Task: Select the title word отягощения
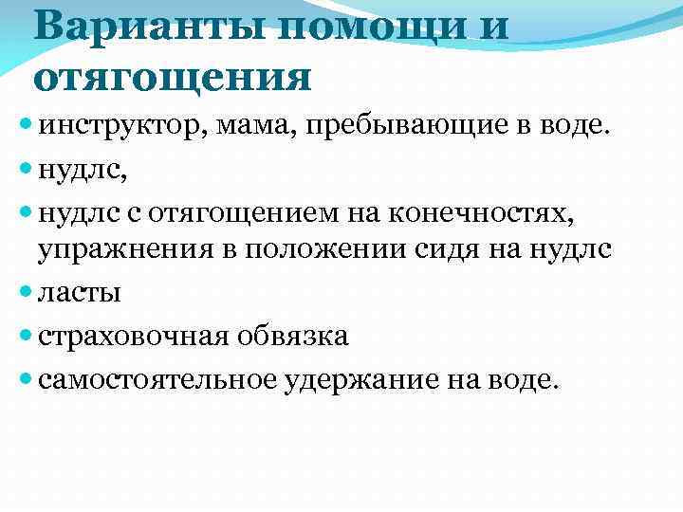[173, 75]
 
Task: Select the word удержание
[359, 378]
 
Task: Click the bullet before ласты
[24, 293]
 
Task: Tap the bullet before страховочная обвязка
[24, 336]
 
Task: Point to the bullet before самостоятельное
[24, 378]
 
